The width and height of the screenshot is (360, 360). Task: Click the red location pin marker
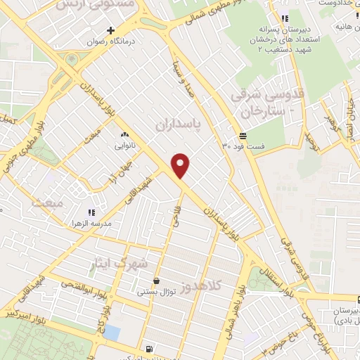pyautogui.click(x=181, y=166)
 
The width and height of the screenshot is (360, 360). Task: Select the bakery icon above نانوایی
pyautogui.click(x=125, y=134)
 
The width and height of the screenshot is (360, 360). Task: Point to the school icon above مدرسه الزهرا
pyautogui.click(x=90, y=211)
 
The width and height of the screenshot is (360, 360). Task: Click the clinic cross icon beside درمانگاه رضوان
pyautogui.click(x=110, y=30)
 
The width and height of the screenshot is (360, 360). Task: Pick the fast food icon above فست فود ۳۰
pyautogui.click(x=243, y=135)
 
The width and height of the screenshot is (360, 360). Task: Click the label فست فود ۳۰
pyautogui.click(x=243, y=146)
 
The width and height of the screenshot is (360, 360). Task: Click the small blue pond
pyautogui.click(x=110, y=331)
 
